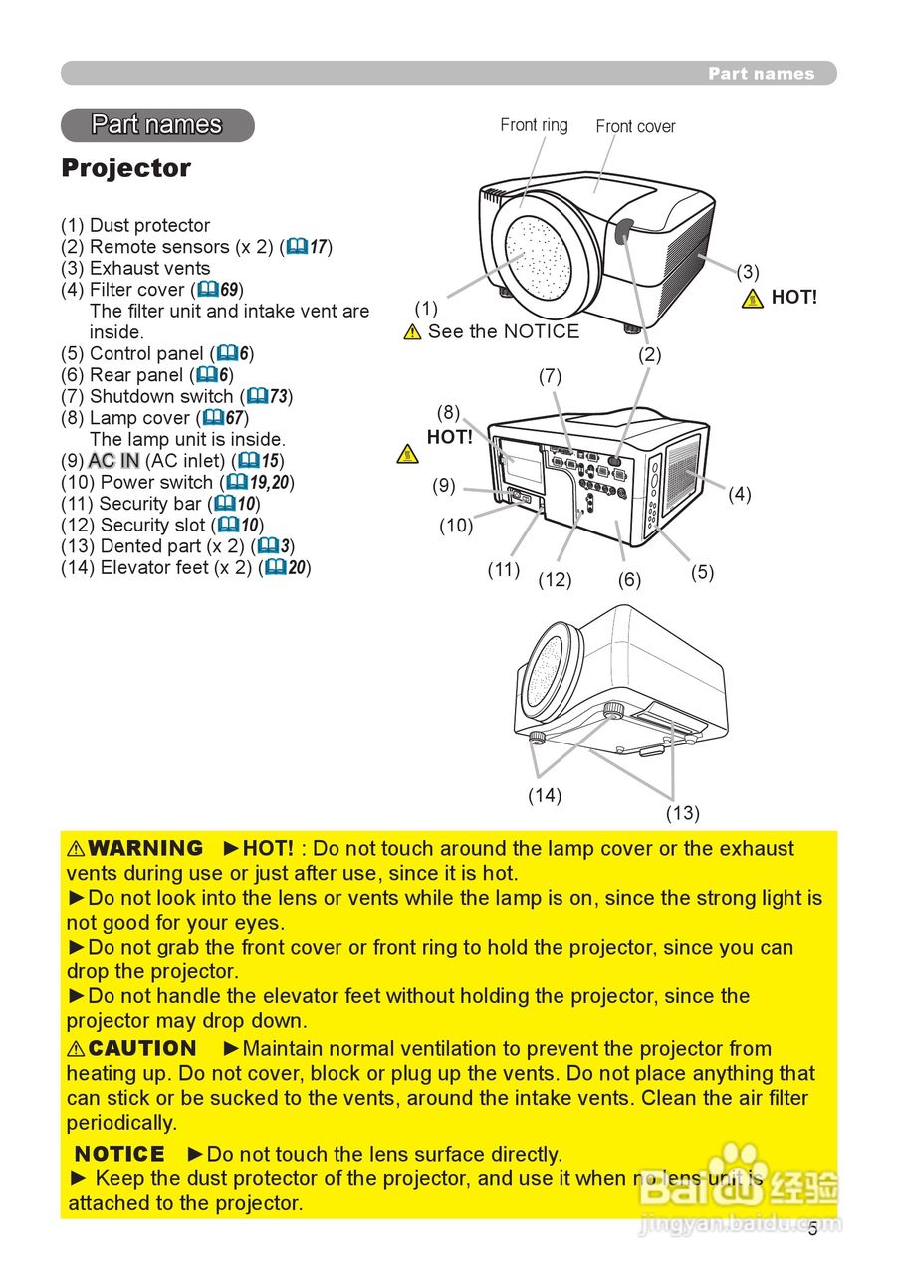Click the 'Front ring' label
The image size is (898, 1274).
tap(534, 125)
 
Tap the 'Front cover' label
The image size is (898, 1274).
tap(635, 126)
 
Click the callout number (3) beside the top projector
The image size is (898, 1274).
tap(748, 271)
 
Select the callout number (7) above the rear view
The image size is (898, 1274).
tap(550, 376)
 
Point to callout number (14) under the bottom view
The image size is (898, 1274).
tap(545, 795)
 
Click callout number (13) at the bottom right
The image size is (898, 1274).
tap(682, 813)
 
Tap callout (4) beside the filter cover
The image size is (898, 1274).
tap(739, 494)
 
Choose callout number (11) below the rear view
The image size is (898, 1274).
tap(503, 570)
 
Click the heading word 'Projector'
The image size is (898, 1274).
tap(125, 168)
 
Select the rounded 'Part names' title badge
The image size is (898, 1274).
tap(157, 125)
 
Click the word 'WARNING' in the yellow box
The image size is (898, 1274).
tap(145, 849)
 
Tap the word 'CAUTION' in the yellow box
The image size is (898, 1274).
tap(142, 1048)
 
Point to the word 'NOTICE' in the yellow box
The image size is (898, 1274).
tap(119, 1154)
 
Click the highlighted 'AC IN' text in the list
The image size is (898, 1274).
tap(113, 461)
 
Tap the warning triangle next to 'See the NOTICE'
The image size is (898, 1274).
tap(412, 332)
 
